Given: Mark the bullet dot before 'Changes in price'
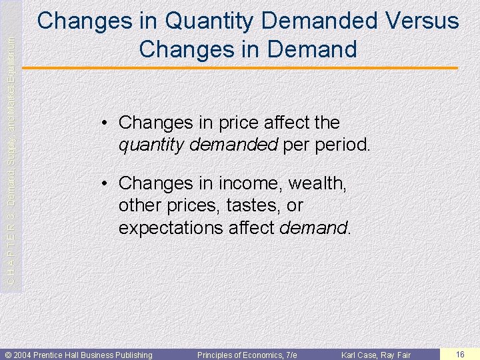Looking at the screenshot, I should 106,123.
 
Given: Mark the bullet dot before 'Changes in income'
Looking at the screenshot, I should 106,183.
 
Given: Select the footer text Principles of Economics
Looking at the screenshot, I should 237,355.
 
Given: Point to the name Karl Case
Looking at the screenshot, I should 361,355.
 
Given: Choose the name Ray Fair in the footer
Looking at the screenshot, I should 398,355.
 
